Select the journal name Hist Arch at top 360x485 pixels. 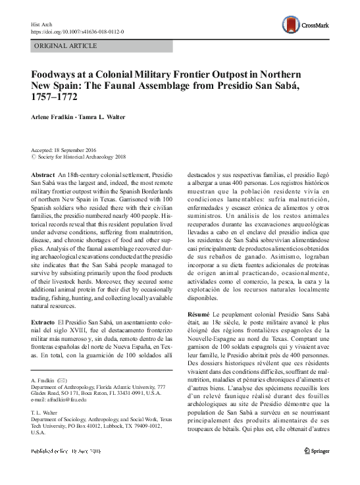pyautogui.click(x=40, y=23)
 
